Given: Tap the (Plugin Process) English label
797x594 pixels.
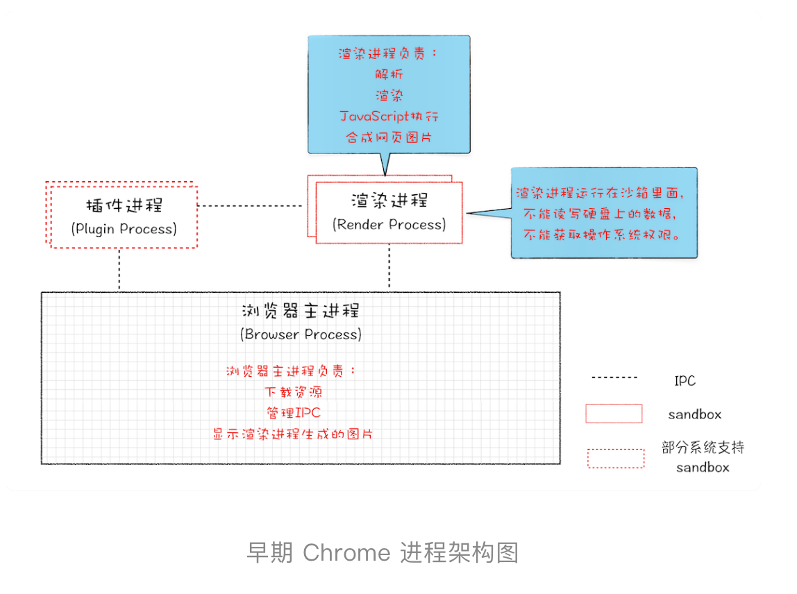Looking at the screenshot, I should [x=124, y=229].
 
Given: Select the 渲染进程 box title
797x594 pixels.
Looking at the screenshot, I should [x=389, y=201].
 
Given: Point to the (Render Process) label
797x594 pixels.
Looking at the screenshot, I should [x=389, y=225].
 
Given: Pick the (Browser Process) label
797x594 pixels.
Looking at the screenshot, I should [x=301, y=334].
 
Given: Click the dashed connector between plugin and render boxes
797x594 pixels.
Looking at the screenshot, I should [x=250, y=206].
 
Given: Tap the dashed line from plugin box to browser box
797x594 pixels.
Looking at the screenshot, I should [x=119, y=269].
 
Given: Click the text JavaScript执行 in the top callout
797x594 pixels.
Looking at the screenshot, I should [x=389, y=116].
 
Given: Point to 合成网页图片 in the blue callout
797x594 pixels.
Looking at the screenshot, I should [x=389, y=137].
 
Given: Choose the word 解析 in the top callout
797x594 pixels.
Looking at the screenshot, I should [x=389, y=74].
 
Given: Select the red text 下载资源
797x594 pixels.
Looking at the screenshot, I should [x=293, y=392].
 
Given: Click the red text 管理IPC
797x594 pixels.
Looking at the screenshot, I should [x=293, y=413].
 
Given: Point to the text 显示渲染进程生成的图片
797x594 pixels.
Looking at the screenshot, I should [x=293, y=434].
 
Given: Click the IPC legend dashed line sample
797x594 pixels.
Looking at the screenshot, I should [x=614, y=378].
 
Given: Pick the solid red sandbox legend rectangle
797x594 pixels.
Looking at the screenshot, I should [x=614, y=414].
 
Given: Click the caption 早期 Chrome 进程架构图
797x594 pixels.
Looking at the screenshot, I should [x=383, y=553].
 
